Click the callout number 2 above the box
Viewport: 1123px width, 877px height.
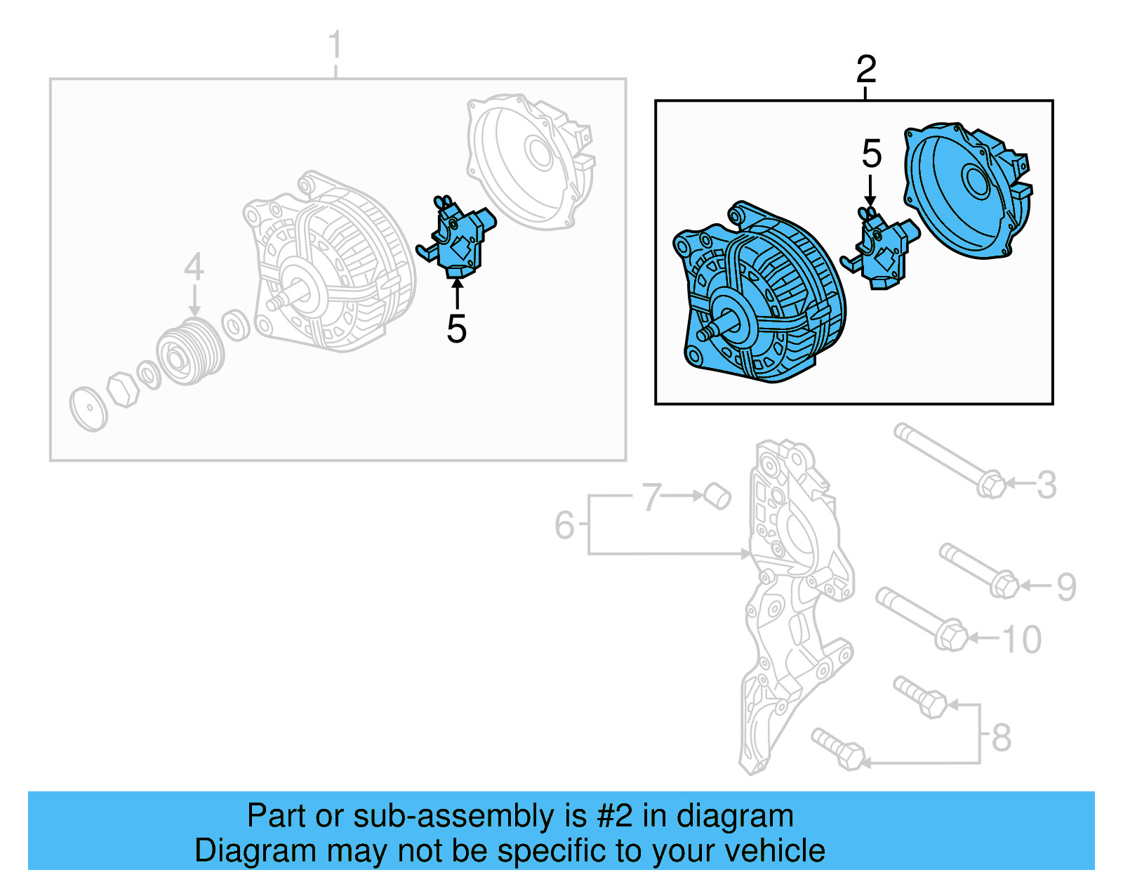click(x=866, y=70)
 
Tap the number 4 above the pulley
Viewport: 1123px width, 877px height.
click(x=194, y=268)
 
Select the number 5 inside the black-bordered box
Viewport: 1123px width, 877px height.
click(x=871, y=154)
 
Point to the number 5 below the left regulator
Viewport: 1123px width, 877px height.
click(x=456, y=329)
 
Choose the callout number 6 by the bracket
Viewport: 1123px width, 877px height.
click(x=564, y=525)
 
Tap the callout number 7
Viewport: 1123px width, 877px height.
click(x=651, y=497)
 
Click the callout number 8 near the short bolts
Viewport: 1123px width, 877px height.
click(x=1002, y=737)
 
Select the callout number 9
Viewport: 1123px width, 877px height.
click(x=1066, y=586)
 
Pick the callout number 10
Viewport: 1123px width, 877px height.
click(x=1021, y=640)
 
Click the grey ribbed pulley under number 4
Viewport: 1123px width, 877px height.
click(x=190, y=351)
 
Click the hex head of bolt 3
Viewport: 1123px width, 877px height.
click(x=991, y=484)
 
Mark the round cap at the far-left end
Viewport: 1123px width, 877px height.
click(x=88, y=409)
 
